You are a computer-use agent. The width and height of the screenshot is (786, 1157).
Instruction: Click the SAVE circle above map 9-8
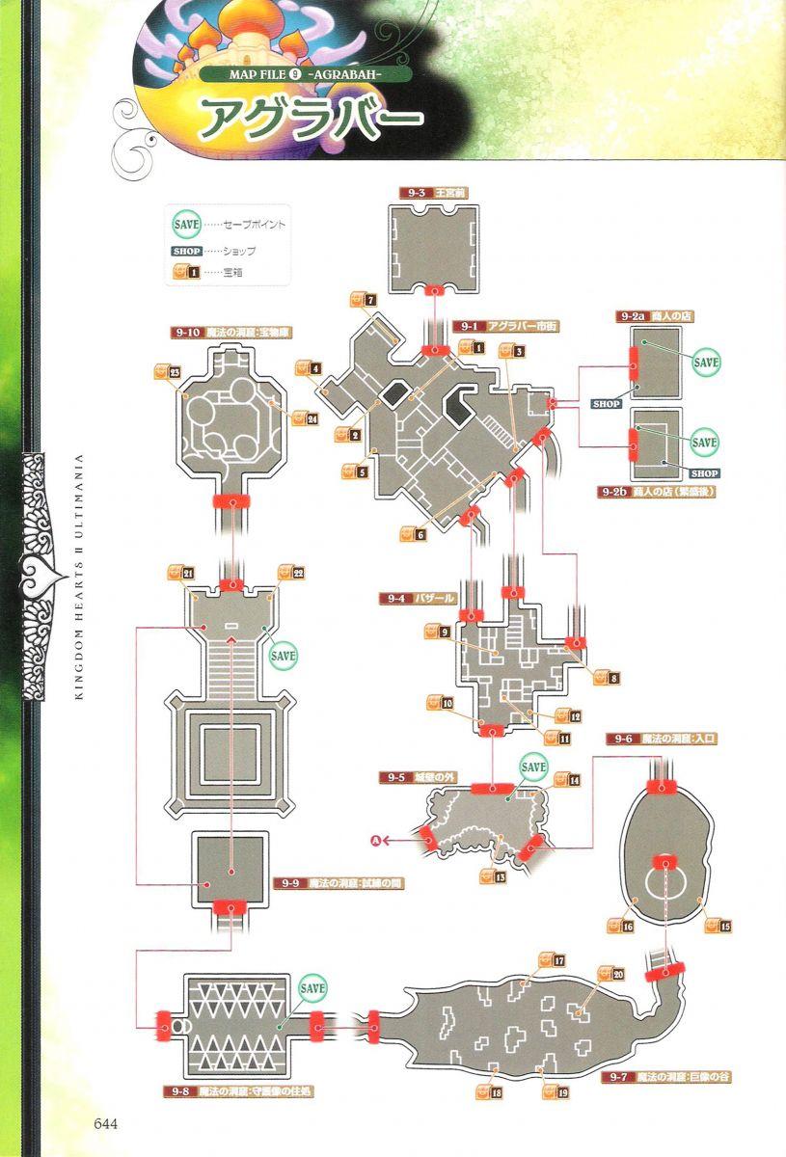click(312, 988)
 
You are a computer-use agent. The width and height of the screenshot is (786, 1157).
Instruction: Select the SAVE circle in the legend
click(186, 223)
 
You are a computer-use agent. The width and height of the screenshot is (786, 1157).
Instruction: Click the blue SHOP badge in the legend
click(186, 251)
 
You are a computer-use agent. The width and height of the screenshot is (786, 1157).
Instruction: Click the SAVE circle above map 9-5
click(533, 767)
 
